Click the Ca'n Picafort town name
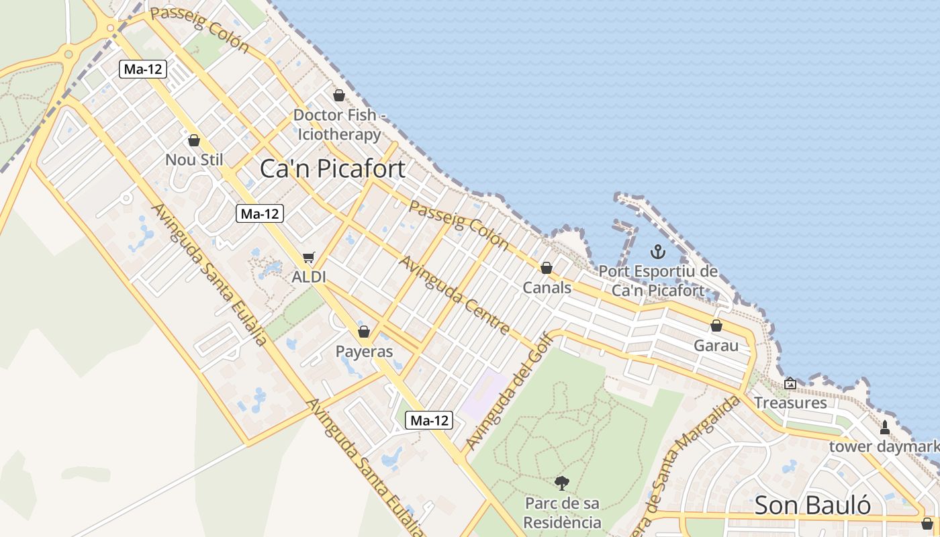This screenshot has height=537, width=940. (332, 168)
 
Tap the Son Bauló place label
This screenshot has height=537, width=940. (812, 505)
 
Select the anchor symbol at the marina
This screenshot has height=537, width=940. (658, 252)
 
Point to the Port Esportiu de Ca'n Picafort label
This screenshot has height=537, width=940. (658, 281)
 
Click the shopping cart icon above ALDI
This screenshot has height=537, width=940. (309, 257)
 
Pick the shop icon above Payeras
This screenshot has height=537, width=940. (364, 332)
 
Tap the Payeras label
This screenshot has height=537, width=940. (364, 351)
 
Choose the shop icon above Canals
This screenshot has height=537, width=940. (547, 268)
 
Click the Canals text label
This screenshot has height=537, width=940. (547, 288)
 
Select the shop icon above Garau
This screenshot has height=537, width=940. (716, 326)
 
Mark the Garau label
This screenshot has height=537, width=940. (716, 346)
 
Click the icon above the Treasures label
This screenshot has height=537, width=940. (790, 383)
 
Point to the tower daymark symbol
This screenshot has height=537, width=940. (884, 427)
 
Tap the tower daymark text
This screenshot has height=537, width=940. (884, 446)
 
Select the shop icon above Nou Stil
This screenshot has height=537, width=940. (194, 140)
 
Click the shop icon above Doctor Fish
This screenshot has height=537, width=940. (339, 95)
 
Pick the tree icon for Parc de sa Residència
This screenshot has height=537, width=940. (562, 483)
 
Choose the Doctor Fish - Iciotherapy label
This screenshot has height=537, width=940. (339, 125)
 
